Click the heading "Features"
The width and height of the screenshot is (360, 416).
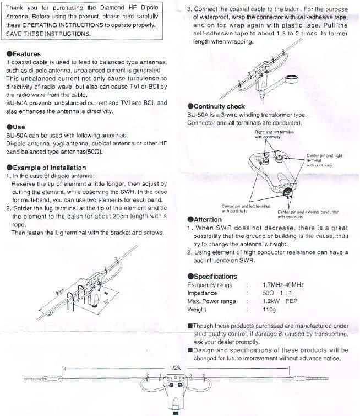pos(25,54)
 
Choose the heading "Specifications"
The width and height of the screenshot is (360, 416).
pos(215,276)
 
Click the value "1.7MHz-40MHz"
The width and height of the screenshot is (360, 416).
pos(283,285)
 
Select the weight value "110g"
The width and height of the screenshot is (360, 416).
pos(270,310)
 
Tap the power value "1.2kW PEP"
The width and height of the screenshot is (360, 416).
pos(280,301)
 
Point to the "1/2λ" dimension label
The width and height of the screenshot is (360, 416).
pos(175,366)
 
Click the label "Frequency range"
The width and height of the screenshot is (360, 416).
pos(210,285)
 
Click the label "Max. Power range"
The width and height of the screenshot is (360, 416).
pos(211,301)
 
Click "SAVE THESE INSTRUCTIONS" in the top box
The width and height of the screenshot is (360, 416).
pos(48,34)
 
